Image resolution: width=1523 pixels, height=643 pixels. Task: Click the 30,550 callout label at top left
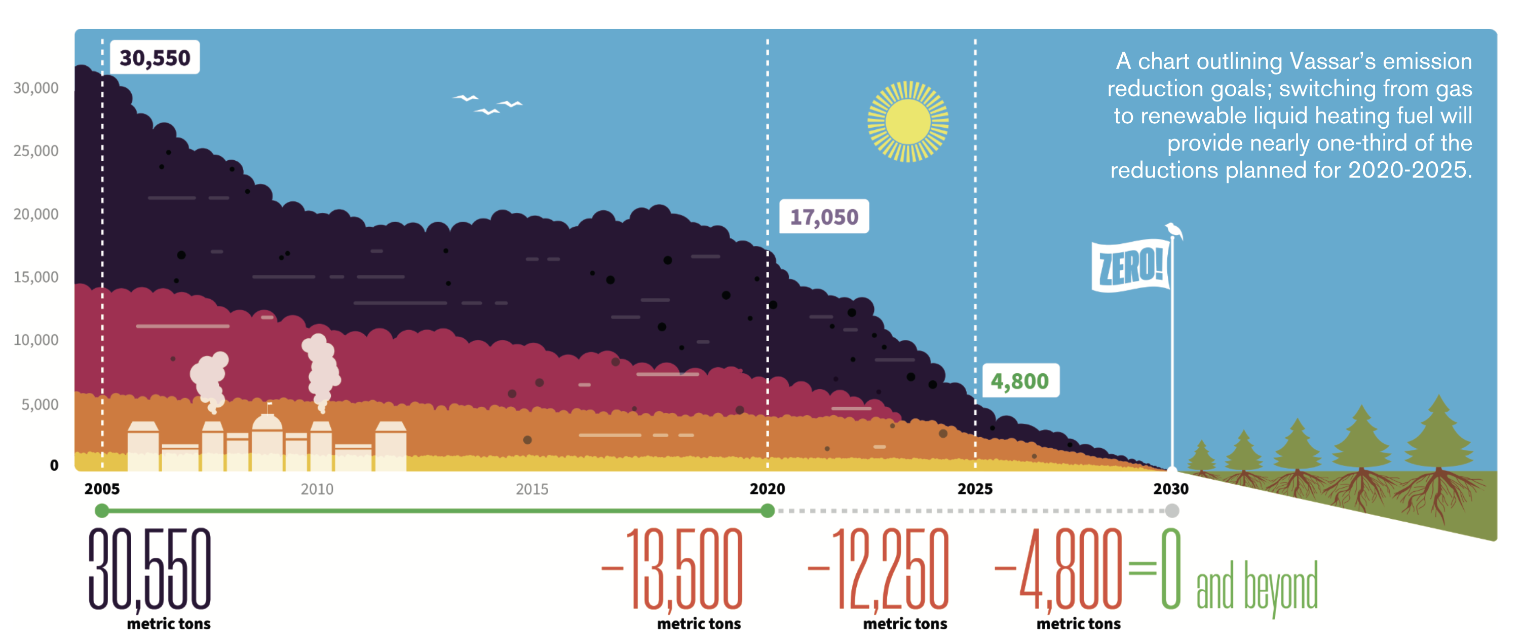155,58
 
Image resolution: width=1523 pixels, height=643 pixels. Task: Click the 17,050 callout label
824,217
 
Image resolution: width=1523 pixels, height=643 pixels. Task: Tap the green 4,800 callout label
1020,381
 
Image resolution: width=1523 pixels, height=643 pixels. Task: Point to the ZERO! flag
1130,266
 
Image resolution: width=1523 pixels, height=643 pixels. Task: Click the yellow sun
907,121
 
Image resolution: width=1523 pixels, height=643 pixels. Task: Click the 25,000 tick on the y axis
36,151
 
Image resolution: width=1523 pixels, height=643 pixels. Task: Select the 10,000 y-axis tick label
36,340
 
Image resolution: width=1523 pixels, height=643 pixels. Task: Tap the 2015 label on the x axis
531,489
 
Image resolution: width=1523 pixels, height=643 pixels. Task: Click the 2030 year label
1171,489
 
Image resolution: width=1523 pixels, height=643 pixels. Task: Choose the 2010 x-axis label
317,489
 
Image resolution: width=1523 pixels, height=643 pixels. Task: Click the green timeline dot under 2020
768,511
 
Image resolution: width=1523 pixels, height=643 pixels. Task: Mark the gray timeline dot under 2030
1172,511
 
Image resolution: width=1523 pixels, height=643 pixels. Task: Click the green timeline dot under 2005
102,511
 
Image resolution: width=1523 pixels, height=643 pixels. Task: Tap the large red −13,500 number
674,569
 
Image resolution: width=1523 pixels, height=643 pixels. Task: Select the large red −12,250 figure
880,569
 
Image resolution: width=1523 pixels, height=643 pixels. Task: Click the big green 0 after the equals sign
1171,569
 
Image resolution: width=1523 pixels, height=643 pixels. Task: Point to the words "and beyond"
1257,587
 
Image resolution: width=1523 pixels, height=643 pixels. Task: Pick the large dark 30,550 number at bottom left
149,569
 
